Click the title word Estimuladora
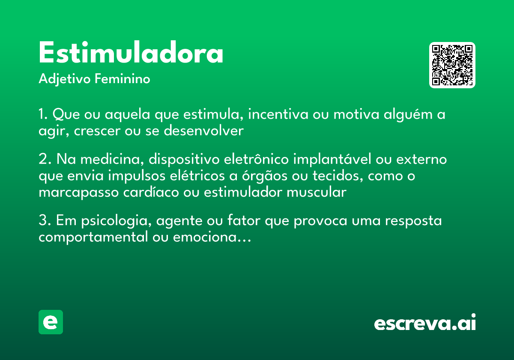click(x=131, y=53)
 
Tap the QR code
click(x=452, y=65)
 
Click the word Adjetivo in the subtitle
click(x=64, y=79)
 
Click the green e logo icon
click(x=51, y=322)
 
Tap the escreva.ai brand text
click(x=425, y=323)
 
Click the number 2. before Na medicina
click(x=45, y=159)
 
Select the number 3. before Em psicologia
click(x=45, y=221)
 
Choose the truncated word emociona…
click(x=212, y=237)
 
